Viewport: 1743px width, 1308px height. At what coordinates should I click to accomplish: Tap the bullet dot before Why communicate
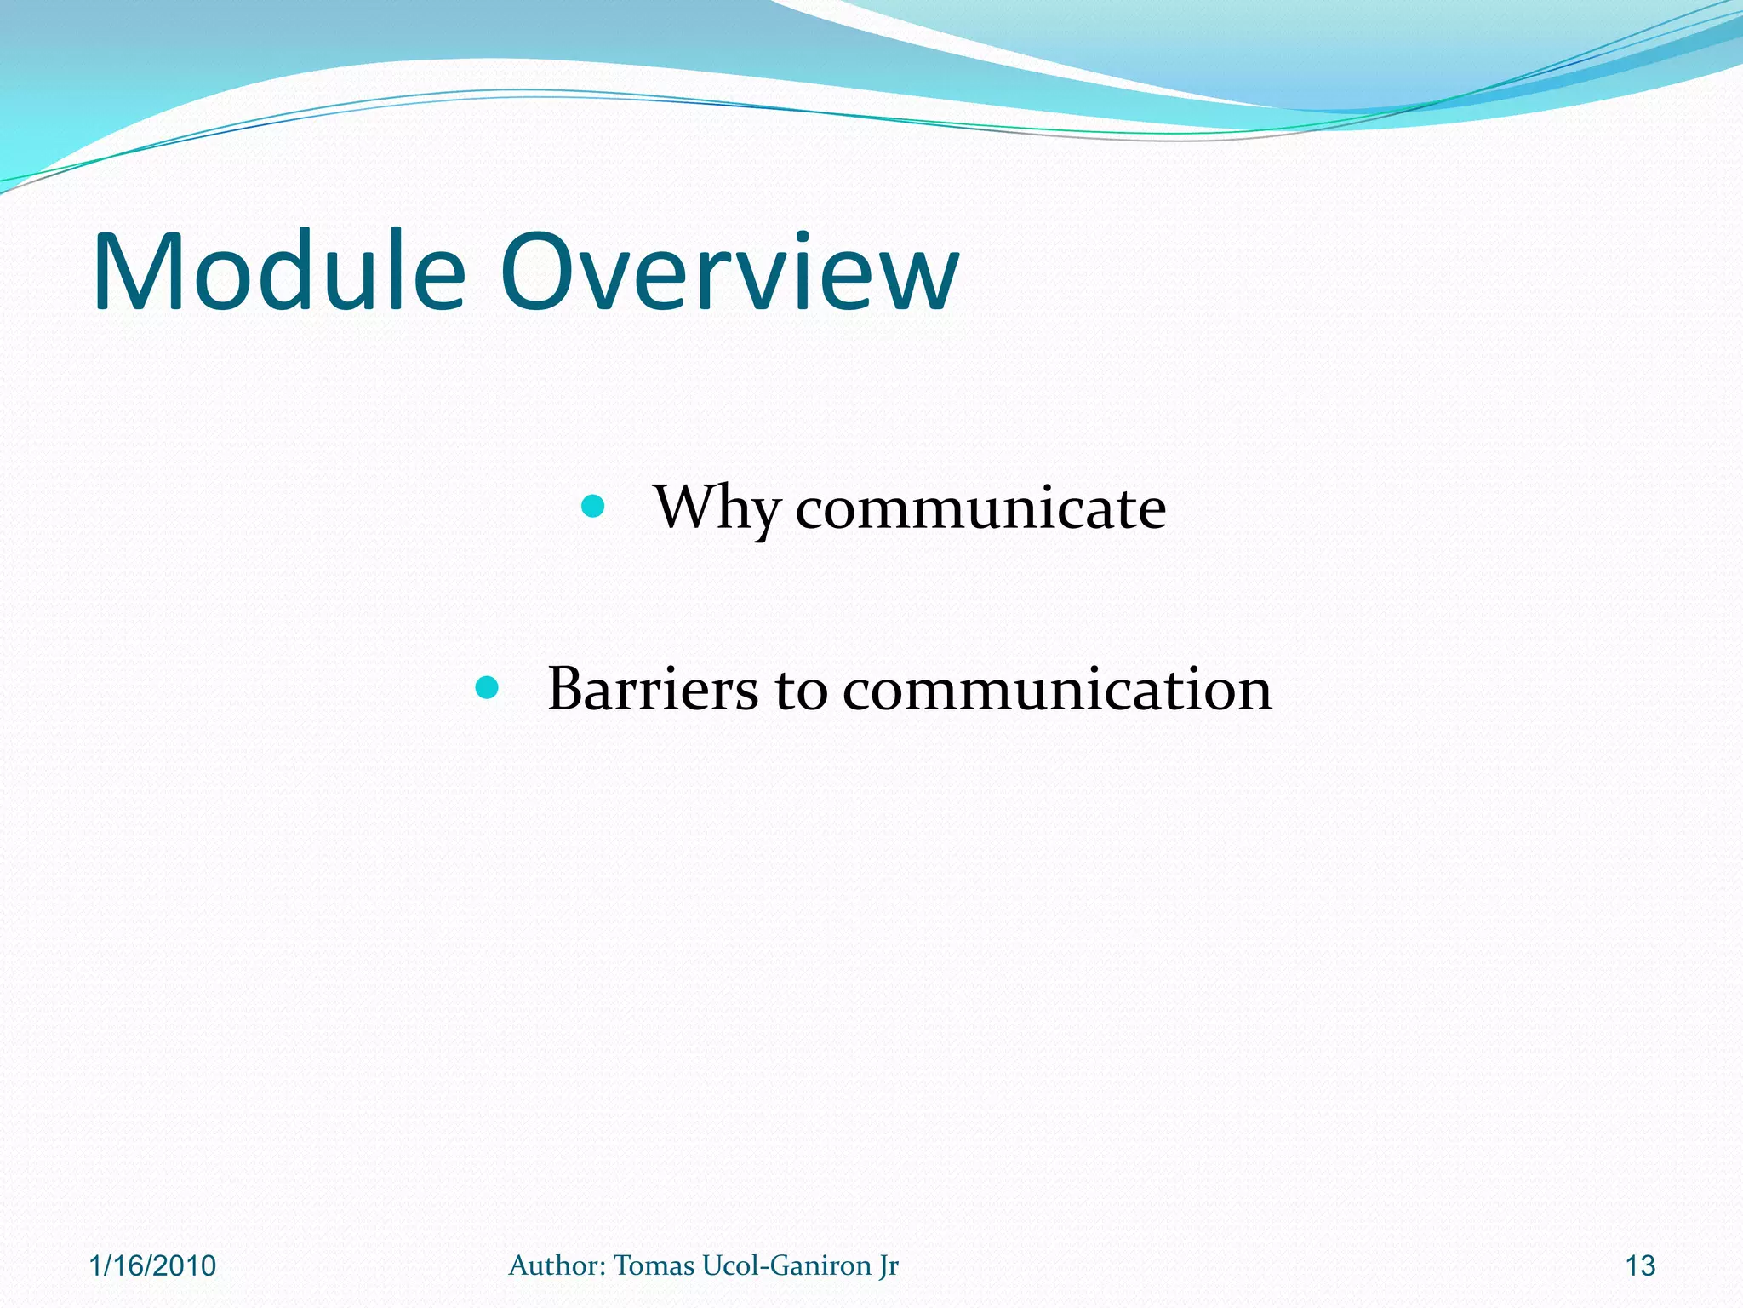[592, 508]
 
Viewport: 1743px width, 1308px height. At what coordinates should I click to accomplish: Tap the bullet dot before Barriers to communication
[486, 688]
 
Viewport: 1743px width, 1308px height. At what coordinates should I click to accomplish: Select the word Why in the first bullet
[716, 509]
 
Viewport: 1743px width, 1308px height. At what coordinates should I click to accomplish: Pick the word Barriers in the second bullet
[652, 689]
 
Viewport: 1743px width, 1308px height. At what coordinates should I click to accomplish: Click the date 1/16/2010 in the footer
[153, 1266]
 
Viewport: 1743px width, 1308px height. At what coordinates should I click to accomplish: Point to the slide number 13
[1640, 1266]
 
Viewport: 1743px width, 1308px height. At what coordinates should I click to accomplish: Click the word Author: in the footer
[557, 1265]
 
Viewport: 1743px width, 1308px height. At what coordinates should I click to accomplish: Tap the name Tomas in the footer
[654, 1265]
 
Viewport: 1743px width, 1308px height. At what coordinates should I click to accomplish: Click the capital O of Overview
[543, 272]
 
